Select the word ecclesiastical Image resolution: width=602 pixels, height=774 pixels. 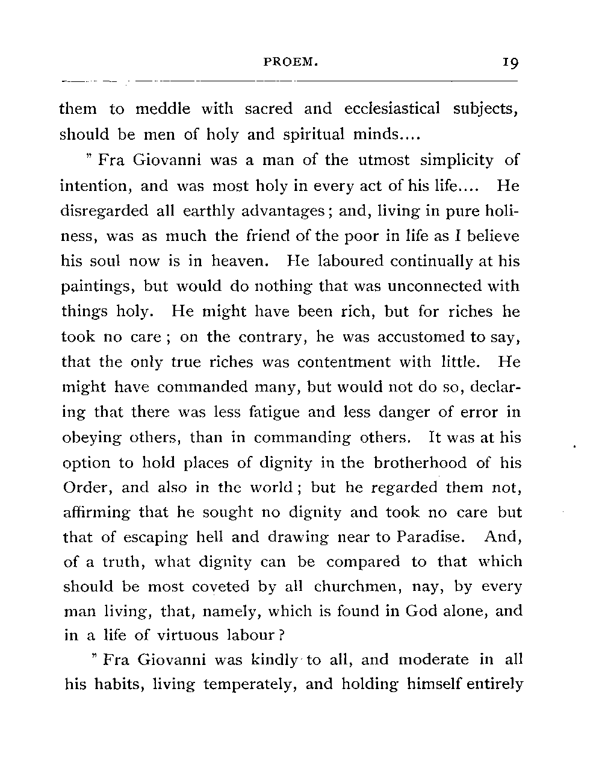[x=392, y=109]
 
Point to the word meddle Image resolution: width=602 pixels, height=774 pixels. [x=163, y=109]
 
